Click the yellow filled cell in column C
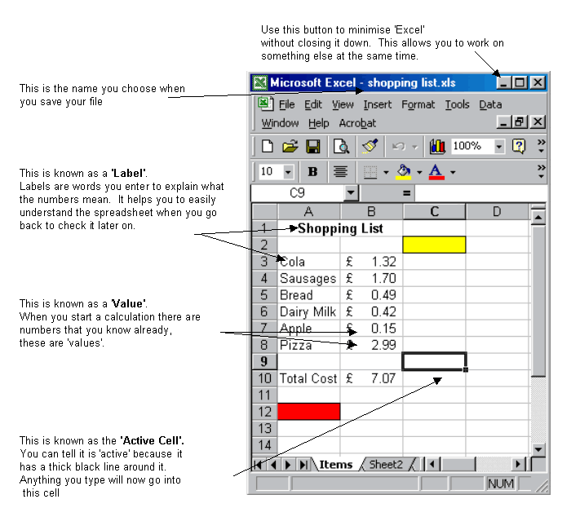(x=434, y=245)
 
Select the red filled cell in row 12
(x=308, y=412)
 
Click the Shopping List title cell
(x=340, y=228)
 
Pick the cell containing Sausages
(x=308, y=278)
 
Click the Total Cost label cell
(x=308, y=378)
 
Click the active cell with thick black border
(x=434, y=361)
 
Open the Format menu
(x=418, y=104)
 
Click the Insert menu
(x=377, y=104)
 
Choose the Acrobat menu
(x=357, y=123)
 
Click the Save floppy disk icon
(x=312, y=147)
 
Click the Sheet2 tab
(x=386, y=464)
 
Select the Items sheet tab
(x=335, y=464)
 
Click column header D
(x=496, y=212)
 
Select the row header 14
(x=263, y=445)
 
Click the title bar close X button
(x=537, y=82)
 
